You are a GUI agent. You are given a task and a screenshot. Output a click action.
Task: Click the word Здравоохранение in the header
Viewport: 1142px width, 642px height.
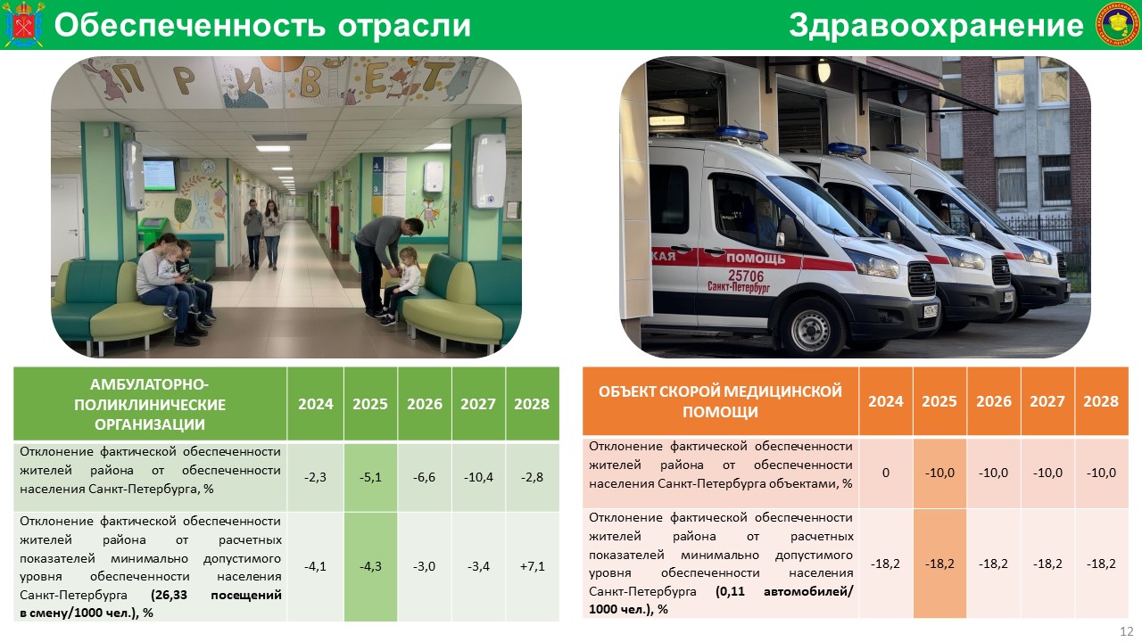[936, 26]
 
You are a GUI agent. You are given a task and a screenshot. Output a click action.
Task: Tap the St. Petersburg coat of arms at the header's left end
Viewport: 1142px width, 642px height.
[23, 24]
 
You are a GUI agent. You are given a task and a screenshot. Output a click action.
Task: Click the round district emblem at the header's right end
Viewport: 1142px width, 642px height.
[1116, 24]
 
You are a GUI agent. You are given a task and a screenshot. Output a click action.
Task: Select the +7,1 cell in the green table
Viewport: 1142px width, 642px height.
[533, 566]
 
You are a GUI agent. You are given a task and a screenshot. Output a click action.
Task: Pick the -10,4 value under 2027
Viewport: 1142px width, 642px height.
[478, 477]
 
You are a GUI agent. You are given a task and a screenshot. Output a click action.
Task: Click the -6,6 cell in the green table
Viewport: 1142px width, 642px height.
[424, 477]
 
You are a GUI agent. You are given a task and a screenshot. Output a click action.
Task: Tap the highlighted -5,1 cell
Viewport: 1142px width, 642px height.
[370, 477]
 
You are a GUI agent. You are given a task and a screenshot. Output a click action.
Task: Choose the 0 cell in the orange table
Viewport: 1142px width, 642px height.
[886, 473]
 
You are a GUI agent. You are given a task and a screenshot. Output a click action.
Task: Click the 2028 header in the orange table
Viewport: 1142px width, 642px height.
[1101, 401]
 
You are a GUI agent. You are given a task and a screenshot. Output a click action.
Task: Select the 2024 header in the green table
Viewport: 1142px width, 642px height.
[316, 404]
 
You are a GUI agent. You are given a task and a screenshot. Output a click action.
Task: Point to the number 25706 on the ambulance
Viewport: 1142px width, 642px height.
[746, 276]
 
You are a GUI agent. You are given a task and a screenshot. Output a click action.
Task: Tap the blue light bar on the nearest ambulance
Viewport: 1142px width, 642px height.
[741, 134]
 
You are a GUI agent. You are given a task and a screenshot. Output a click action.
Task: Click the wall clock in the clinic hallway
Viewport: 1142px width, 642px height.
[208, 167]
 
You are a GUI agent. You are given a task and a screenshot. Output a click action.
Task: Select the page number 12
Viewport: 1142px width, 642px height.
[1127, 631]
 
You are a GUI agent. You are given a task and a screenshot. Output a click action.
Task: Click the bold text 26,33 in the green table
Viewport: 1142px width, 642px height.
[170, 595]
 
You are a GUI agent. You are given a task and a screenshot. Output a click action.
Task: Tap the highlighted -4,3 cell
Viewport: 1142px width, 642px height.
[370, 566]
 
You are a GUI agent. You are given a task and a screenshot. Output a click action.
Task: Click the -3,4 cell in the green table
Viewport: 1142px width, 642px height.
[478, 566]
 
